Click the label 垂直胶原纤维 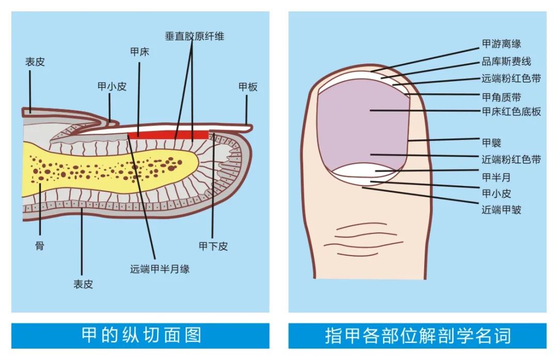[x=194, y=36]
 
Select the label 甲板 [x=248, y=87]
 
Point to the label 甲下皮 [x=213, y=246]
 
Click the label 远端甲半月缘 [x=160, y=269]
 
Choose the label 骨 [x=40, y=246]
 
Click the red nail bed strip [x=168, y=135]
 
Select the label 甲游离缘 [x=501, y=44]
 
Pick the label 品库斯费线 [x=506, y=62]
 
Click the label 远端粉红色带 [x=511, y=79]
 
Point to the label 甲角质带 [x=501, y=97]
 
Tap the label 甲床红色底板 [x=511, y=112]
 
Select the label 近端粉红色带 [x=511, y=160]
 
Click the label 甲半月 [x=496, y=177]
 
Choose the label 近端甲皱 [x=501, y=210]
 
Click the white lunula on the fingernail [x=361, y=171]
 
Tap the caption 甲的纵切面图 [x=141, y=336]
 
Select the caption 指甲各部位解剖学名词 [x=417, y=336]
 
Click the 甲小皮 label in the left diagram [x=112, y=87]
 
